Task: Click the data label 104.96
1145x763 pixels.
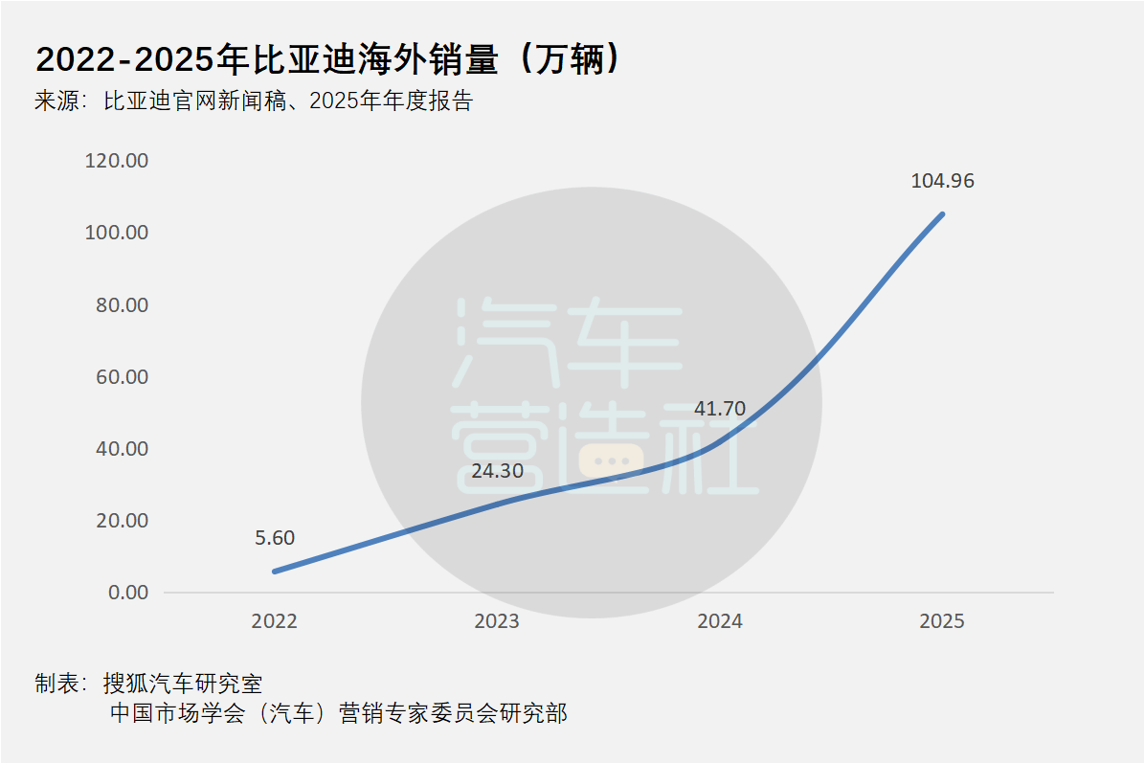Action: point(942,181)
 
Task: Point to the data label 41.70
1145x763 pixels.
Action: point(719,410)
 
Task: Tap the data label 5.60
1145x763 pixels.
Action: point(274,538)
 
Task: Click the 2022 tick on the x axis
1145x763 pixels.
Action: point(274,621)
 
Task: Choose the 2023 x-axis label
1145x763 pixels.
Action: point(496,621)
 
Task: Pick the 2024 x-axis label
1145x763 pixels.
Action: point(719,621)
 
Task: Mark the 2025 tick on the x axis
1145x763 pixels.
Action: point(942,621)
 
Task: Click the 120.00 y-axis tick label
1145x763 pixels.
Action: point(117,161)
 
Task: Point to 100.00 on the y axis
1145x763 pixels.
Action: point(117,233)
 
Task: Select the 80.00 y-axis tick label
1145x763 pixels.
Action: point(122,305)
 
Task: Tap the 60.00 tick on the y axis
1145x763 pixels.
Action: point(122,377)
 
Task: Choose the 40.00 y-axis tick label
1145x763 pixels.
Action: point(122,449)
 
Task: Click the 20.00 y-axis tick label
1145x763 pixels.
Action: point(122,521)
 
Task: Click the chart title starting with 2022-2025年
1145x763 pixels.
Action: point(331,60)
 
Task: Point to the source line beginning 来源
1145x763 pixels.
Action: point(254,101)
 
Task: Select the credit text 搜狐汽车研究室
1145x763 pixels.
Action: point(182,684)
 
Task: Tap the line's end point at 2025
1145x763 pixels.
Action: point(942,214)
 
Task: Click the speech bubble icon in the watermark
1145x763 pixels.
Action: point(613,461)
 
